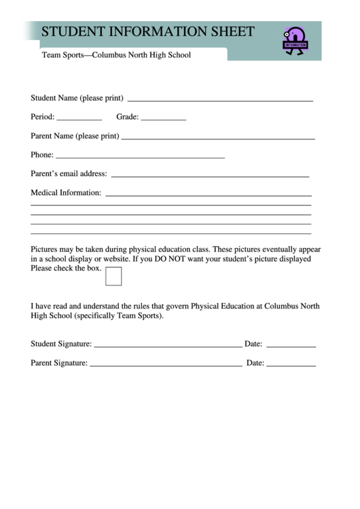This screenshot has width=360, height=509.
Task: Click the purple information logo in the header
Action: click(295, 41)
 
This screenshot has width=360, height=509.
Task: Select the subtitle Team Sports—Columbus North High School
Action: click(116, 55)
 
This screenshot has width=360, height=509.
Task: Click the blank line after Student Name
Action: click(220, 100)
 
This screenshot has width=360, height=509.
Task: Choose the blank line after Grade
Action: click(163, 119)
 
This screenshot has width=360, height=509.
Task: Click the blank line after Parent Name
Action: click(217, 138)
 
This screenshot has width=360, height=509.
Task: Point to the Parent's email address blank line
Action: click(210, 176)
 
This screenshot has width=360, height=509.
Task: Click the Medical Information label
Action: click(66, 193)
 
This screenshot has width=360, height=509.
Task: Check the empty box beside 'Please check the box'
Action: click(114, 277)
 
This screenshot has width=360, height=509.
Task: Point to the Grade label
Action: click(127, 117)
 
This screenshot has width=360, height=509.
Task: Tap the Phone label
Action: click(41, 155)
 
